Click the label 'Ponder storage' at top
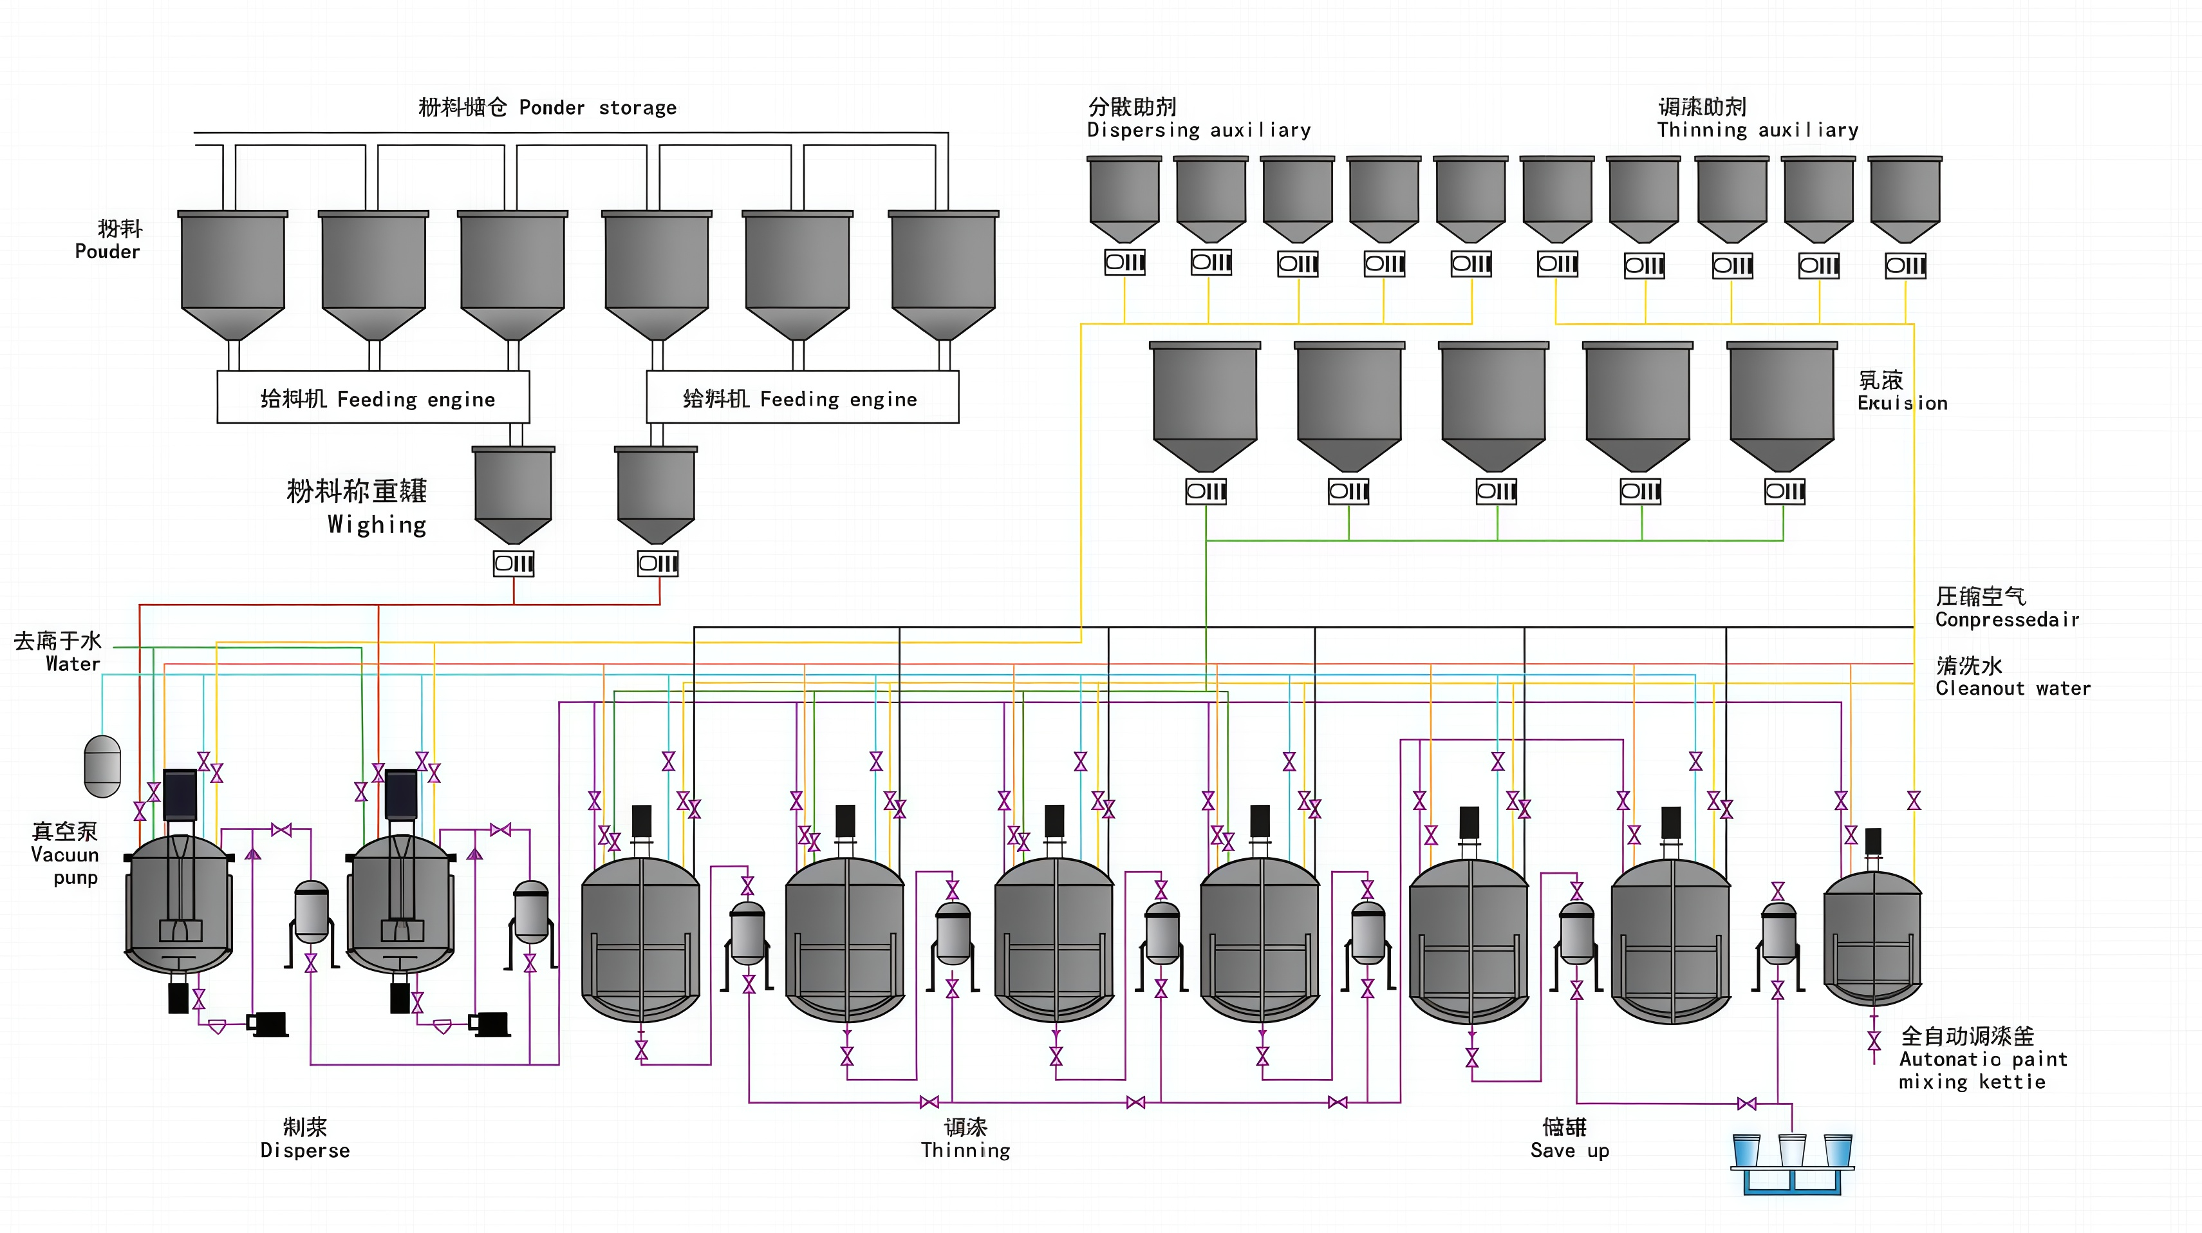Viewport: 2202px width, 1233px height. [x=597, y=108]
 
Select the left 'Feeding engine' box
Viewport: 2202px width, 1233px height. [x=373, y=398]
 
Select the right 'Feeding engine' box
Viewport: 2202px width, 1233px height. [x=802, y=398]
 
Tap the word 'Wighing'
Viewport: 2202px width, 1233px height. [x=377, y=524]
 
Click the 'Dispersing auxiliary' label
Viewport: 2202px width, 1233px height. [x=1199, y=130]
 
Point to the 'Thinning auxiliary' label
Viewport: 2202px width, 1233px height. [x=1757, y=130]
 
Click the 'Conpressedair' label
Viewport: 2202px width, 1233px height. [x=2006, y=619]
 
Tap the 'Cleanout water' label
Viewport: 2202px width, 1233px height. [x=2012, y=688]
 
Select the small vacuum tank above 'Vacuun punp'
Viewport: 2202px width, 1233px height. [x=102, y=766]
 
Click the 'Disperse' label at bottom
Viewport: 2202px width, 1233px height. [x=305, y=1150]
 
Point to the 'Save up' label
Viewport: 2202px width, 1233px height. [x=1569, y=1150]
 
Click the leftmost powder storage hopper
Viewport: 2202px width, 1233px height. [x=232, y=274]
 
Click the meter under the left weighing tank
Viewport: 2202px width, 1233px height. [x=514, y=563]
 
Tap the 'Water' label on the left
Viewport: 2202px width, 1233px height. [x=73, y=664]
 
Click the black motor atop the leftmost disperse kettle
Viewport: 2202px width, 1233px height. [x=180, y=793]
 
